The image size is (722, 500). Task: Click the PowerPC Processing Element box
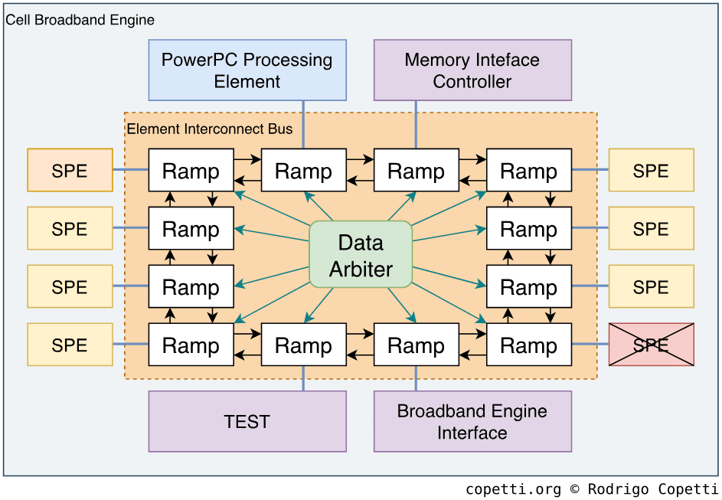[x=247, y=70]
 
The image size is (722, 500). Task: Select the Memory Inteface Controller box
[x=472, y=70]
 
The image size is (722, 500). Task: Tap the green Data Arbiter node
[x=361, y=254]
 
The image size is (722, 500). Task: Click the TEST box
[x=247, y=421]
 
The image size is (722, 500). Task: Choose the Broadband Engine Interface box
[x=472, y=421]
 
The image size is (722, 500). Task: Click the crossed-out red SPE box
[x=651, y=345]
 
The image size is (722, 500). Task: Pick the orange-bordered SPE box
[x=70, y=170]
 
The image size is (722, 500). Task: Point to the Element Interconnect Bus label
[x=210, y=129]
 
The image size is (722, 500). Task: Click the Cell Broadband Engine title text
[x=80, y=20]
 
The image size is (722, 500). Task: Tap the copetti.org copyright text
[x=591, y=489]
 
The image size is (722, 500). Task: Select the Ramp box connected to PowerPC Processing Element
[x=304, y=170]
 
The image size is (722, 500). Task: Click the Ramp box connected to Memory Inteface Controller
[x=417, y=170]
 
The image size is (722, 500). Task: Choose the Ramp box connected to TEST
[x=304, y=345]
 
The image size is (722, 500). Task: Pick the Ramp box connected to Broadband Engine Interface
[x=417, y=345]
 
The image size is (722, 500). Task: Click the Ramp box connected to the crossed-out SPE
[x=529, y=345]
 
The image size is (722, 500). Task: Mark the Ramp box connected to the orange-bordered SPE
[x=191, y=170]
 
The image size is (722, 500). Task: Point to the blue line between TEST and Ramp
[x=304, y=378]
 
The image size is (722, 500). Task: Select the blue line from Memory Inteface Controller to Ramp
[x=417, y=124]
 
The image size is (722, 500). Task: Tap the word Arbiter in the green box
[x=361, y=270]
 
